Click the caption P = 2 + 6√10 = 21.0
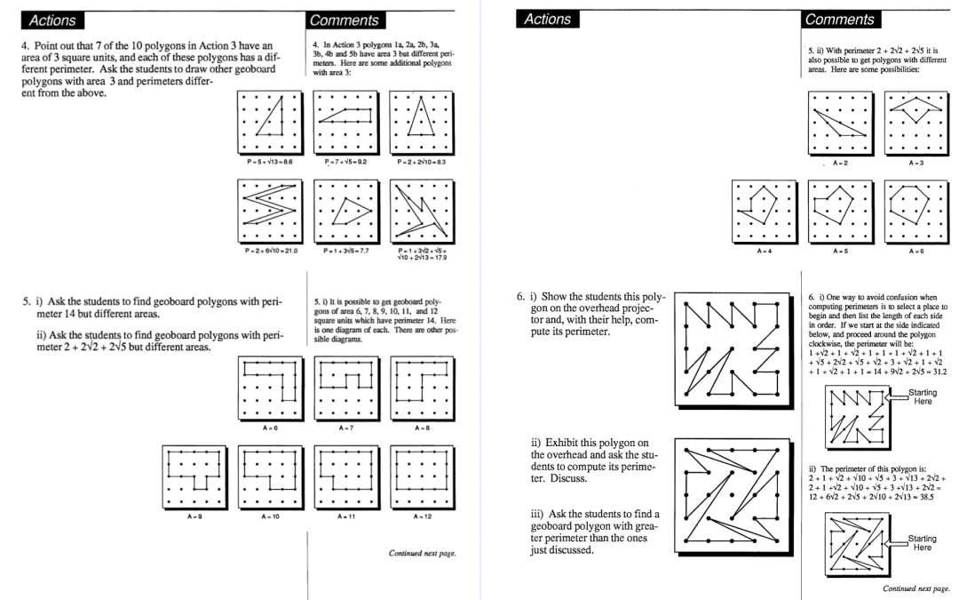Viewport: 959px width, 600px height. [x=269, y=251]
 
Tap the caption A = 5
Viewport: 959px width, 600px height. [x=836, y=251]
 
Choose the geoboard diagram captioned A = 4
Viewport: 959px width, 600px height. [x=759, y=210]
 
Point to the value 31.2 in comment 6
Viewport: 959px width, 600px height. [x=939, y=372]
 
